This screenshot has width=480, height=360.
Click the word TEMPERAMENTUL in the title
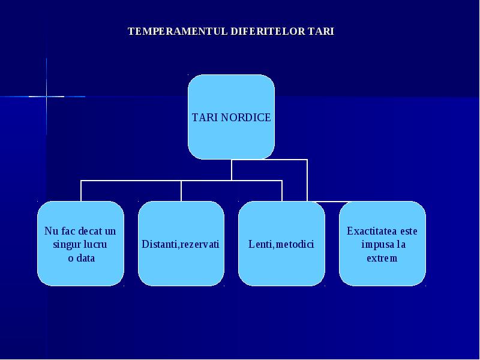[x=178, y=31]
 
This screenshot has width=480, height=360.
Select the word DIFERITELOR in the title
[x=268, y=31]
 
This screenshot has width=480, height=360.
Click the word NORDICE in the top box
[x=246, y=118]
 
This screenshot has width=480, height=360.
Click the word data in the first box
[x=86, y=258]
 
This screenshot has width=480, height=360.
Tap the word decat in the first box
[x=91, y=231]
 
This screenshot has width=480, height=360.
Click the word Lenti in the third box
[x=259, y=244]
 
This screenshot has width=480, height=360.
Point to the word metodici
[x=295, y=244]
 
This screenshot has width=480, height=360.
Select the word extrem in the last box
[x=382, y=258]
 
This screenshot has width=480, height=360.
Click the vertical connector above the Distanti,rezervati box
[x=181, y=191]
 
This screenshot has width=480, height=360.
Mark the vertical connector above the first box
[x=81, y=191]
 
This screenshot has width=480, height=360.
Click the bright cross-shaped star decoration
[x=47, y=97]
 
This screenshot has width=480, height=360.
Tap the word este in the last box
[x=409, y=231]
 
